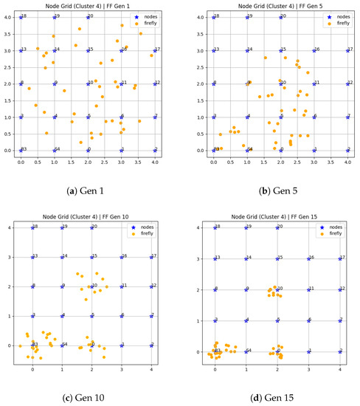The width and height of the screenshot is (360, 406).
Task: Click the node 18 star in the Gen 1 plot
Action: point(21,17)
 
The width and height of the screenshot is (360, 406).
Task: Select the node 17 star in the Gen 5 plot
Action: point(347,51)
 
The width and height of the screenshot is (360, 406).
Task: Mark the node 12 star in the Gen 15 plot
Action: point(340,289)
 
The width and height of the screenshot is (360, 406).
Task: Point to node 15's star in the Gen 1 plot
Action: point(88,51)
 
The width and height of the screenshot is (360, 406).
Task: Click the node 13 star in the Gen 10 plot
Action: point(32,258)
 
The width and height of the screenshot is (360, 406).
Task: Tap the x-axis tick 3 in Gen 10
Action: point(122,371)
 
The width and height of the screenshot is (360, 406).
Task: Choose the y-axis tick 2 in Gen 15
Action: point(201,289)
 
